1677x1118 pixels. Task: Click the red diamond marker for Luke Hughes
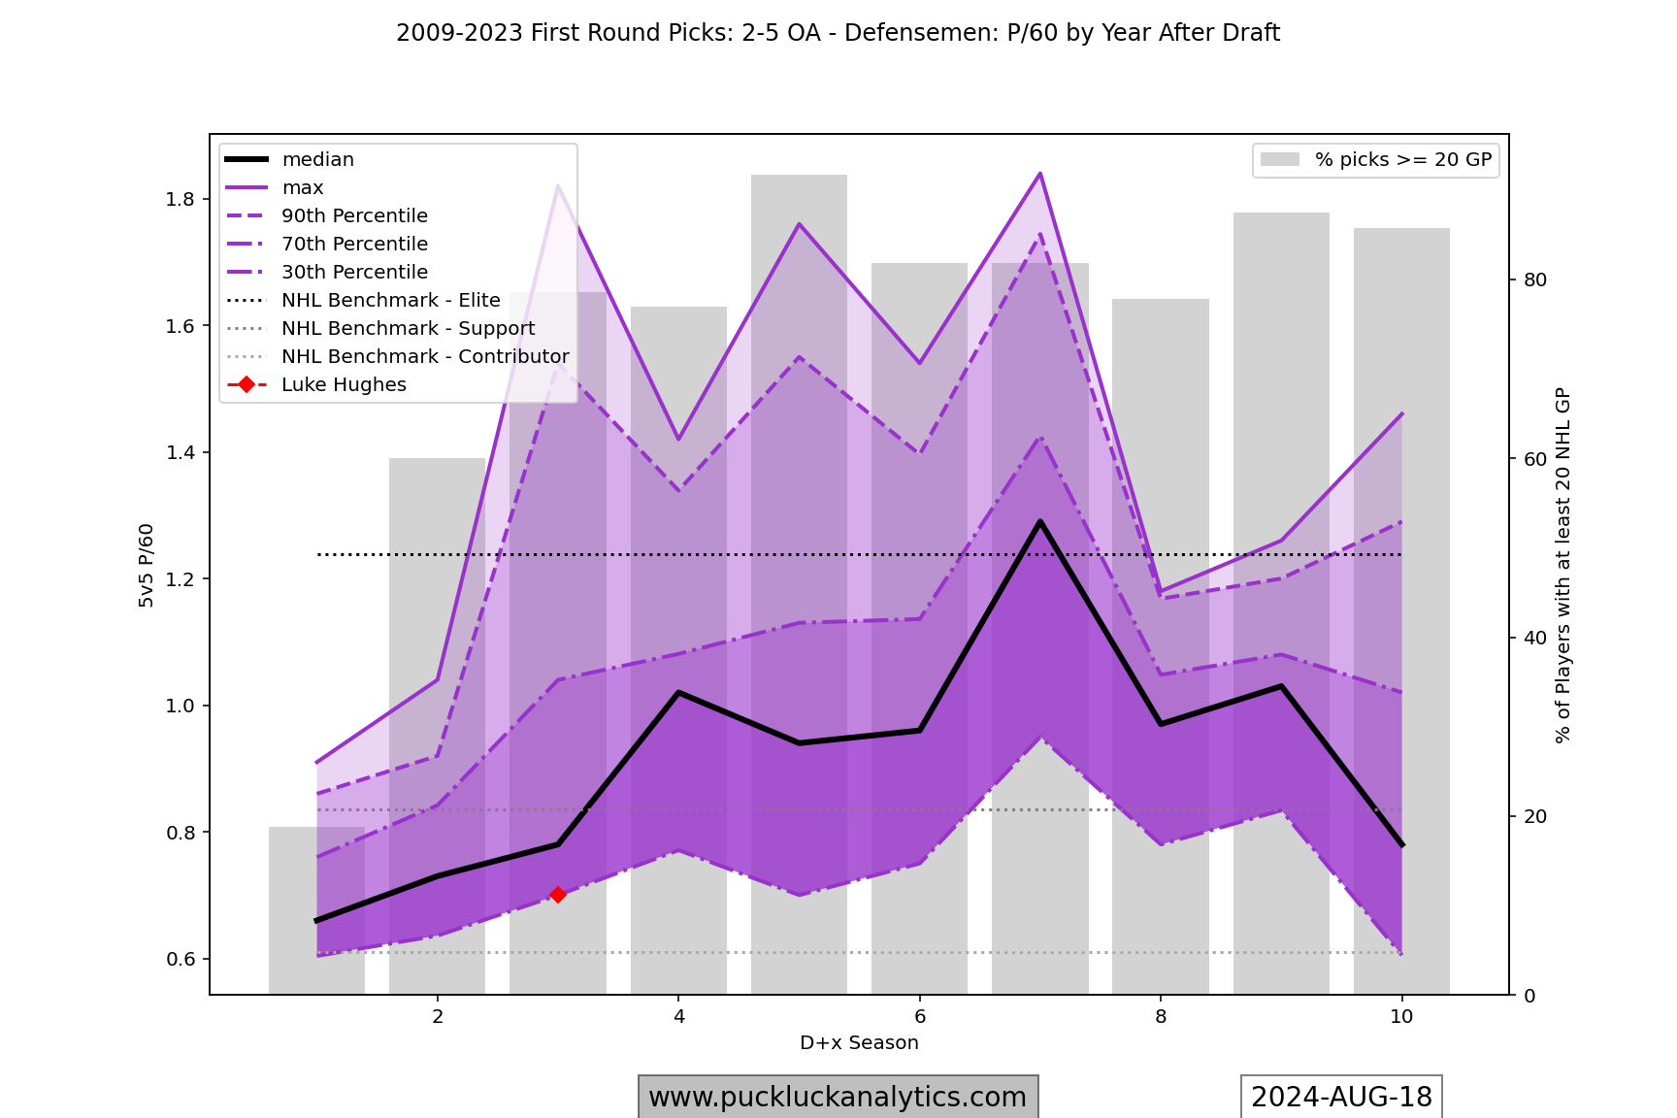click(x=558, y=895)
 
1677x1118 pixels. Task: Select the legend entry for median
click(x=317, y=160)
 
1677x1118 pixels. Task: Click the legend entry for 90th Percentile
click(x=354, y=216)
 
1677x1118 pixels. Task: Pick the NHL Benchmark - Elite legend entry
click(x=390, y=301)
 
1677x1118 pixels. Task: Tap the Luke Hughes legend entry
click(x=344, y=385)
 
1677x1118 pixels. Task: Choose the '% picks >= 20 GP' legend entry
click(x=1402, y=160)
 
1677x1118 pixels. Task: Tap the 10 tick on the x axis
click(x=1401, y=1016)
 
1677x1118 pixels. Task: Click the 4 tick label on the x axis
click(x=678, y=1016)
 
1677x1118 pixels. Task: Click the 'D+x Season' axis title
click(x=859, y=1043)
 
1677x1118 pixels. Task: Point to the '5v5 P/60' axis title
click(x=147, y=566)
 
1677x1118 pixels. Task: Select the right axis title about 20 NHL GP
click(x=1562, y=566)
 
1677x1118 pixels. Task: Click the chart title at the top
click(x=838, y=33)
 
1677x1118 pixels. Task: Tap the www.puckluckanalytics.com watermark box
click(x=838, y=1097)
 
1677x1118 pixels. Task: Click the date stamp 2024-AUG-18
click(x=1341, y=1097)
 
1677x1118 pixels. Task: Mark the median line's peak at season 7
click(x=1040, y=522)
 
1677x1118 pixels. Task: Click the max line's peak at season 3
click(x=558, y=185)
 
